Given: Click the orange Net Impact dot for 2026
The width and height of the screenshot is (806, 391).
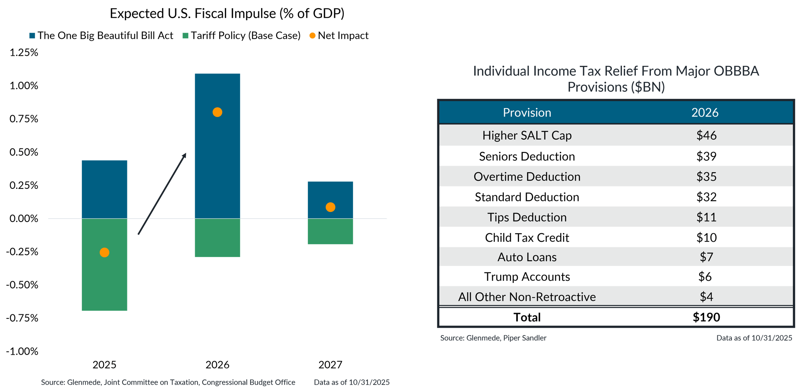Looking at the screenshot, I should (x=217, y=112).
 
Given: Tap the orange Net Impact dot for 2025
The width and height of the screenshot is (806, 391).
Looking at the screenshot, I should (x=104, y=253).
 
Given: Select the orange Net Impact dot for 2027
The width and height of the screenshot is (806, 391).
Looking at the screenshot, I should (x=330, y=207).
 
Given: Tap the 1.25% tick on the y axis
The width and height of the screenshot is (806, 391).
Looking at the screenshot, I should (x=24, y=52).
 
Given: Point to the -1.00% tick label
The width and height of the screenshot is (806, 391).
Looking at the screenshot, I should (x=22, y=351).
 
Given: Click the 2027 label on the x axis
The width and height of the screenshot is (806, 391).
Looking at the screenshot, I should (x=330, y=365).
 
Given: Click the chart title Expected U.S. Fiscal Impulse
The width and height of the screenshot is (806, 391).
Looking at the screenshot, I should (x=227, y=14).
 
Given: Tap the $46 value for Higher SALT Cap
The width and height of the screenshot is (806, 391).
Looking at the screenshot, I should (x=706, y=135).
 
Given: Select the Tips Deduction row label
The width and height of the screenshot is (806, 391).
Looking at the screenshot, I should (x=527, y=217).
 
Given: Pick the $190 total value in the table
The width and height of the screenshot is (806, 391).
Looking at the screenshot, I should (x=706, y=317).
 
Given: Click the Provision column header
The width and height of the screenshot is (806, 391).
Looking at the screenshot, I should (x=527, y=113).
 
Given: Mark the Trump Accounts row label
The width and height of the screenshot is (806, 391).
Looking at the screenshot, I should (x=527, y=277).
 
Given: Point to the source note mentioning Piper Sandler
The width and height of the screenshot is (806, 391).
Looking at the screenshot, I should (x=493, y=338).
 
